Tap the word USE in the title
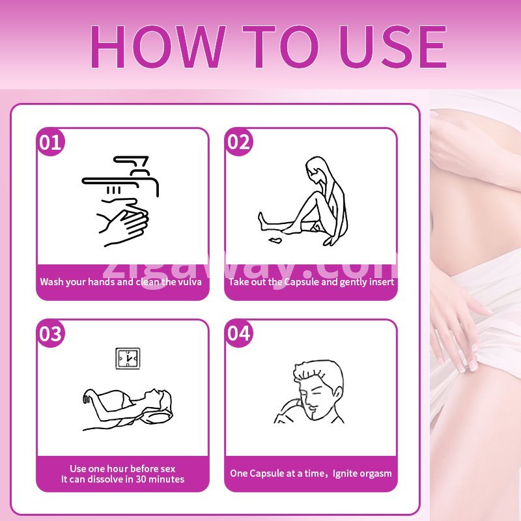tap(393, 46)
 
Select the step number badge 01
tap(51, 142)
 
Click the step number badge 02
tap(238, 142)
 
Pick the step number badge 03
tap(51, 333)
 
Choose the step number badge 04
tap(238, 333)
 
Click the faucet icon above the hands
tap(120, 175)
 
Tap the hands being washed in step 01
tap(123, 222)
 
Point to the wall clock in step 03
tap(128, 359)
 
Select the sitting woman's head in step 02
tap(317, 169)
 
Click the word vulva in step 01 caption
tap(190, 282)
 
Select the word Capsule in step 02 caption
tap(302, 282)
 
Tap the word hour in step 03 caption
tap(113, 469)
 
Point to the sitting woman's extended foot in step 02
tap(263, 220)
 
